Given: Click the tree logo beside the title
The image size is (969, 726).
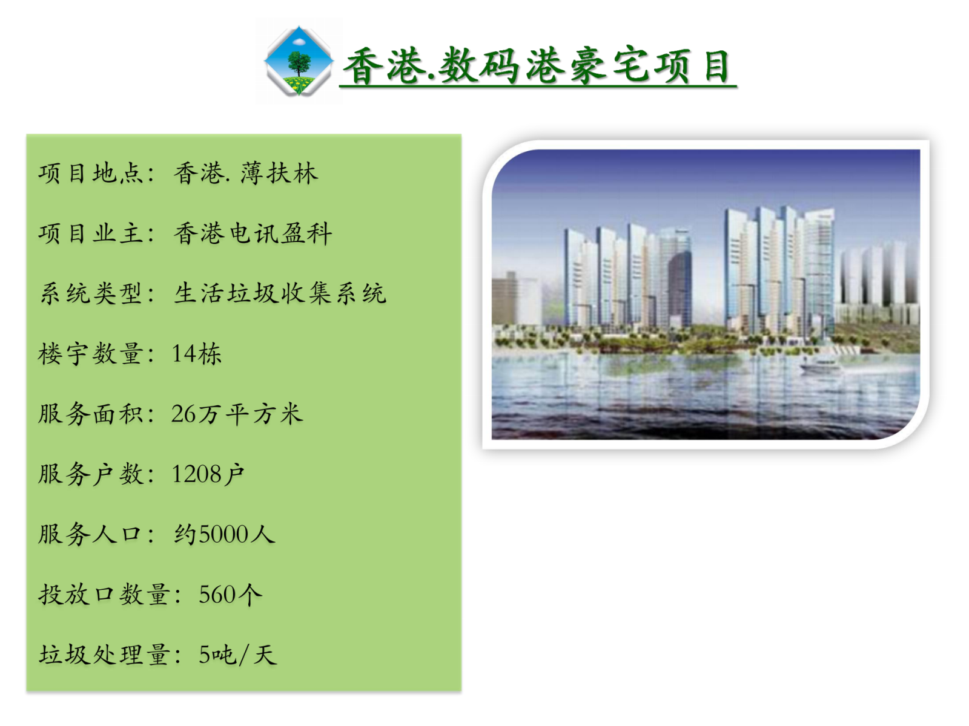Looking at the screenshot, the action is click(299, 60).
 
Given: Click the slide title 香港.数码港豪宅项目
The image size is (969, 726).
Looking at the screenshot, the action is click(537, 66).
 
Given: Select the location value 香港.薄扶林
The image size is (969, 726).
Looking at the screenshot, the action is click(245, 173).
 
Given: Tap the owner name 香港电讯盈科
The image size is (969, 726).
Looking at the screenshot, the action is click(253, 233).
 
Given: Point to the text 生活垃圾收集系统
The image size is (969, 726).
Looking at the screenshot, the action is click(280, 293).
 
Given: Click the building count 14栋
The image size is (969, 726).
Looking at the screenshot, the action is click(196, 353).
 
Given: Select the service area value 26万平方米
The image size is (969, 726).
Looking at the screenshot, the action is click(237, 414).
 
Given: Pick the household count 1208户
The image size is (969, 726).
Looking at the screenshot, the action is click(208, 474).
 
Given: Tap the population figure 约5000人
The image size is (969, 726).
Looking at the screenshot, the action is click(224, 534).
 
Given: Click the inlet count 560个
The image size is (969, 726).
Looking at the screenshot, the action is click(231, 595).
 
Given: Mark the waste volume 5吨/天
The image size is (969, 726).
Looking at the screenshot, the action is click(238, 655).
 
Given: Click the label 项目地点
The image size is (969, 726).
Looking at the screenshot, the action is click(90, 173).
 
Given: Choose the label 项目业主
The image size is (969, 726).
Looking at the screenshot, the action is click(90, 233).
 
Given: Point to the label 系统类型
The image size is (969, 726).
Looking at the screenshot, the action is click(90, 293).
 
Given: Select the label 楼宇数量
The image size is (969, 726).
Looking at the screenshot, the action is click(90, 353).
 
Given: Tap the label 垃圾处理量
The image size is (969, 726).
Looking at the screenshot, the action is click(104, 655).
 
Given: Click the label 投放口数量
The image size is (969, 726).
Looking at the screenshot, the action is click(104, 595).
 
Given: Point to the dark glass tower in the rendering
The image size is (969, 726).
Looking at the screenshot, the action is click(679, 289).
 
